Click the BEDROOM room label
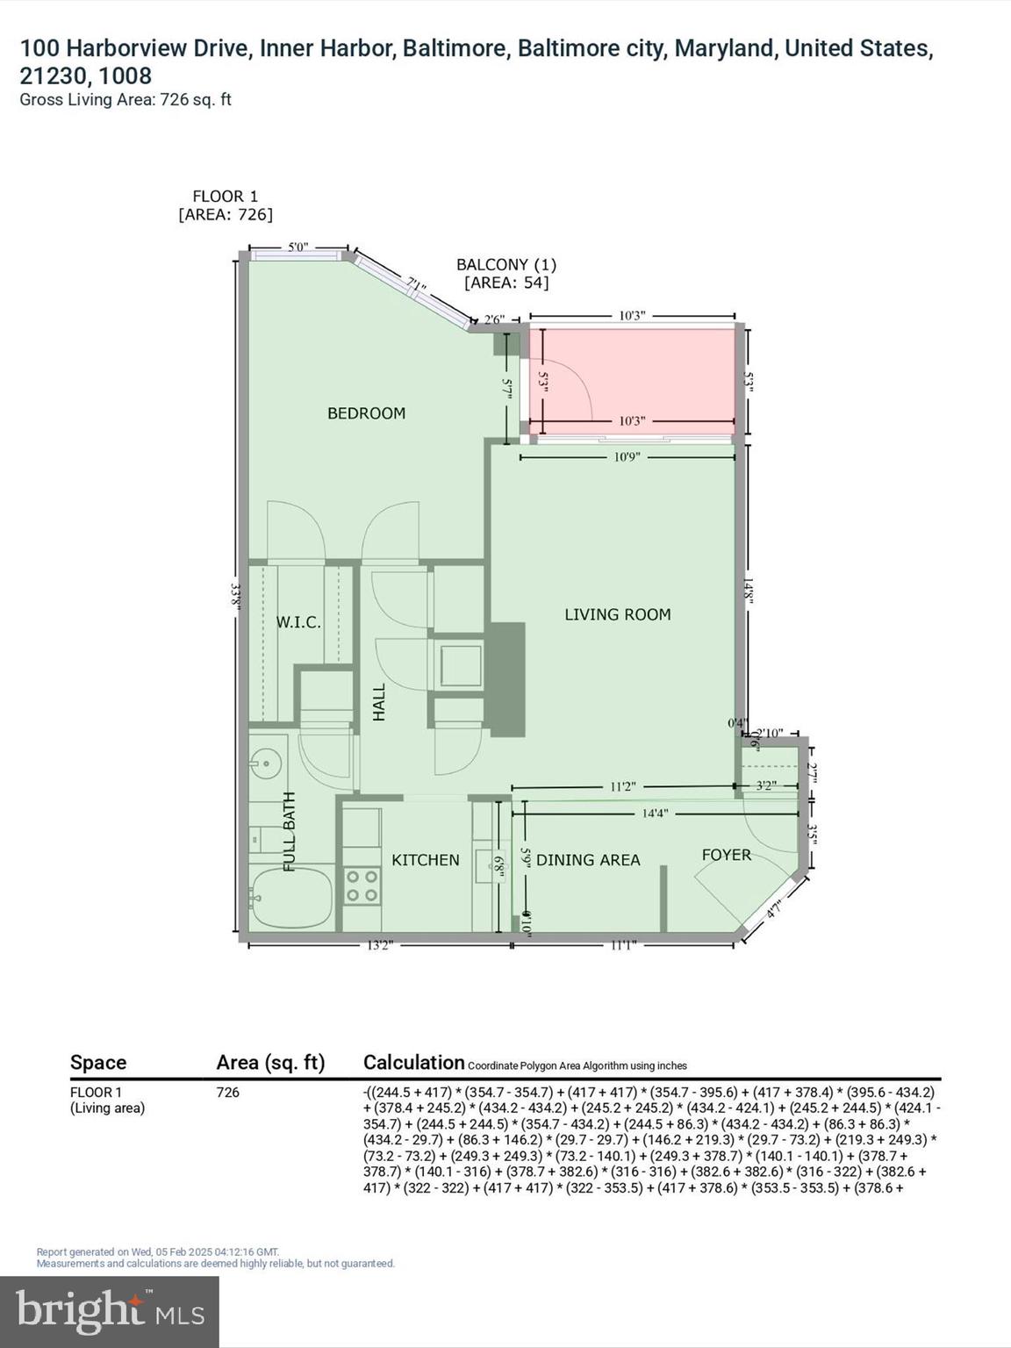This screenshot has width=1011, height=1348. point(366,413)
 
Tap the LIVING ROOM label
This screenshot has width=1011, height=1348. point(617,615)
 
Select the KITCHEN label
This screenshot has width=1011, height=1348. point(425,860)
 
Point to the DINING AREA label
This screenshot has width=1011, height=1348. point(588,860)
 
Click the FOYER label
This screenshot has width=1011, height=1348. point(726,855)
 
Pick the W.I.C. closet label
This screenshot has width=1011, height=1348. point(298,622)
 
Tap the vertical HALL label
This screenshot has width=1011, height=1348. point(379,703)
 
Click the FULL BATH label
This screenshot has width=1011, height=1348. point(289,831)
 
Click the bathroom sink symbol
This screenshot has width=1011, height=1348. point(266,764)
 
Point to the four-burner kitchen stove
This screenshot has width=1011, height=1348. point(362,886)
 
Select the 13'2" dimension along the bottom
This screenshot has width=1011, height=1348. point(379,945)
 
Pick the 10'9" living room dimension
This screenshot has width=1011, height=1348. point(627,457)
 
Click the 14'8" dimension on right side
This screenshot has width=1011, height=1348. point(748,588)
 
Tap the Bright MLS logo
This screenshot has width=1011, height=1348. point(110,1312)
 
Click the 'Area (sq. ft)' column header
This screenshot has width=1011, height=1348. point(270,1063)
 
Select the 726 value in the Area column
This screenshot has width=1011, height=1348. point(227,1093)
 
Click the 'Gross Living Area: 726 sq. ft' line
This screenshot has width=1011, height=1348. point(125,100)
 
